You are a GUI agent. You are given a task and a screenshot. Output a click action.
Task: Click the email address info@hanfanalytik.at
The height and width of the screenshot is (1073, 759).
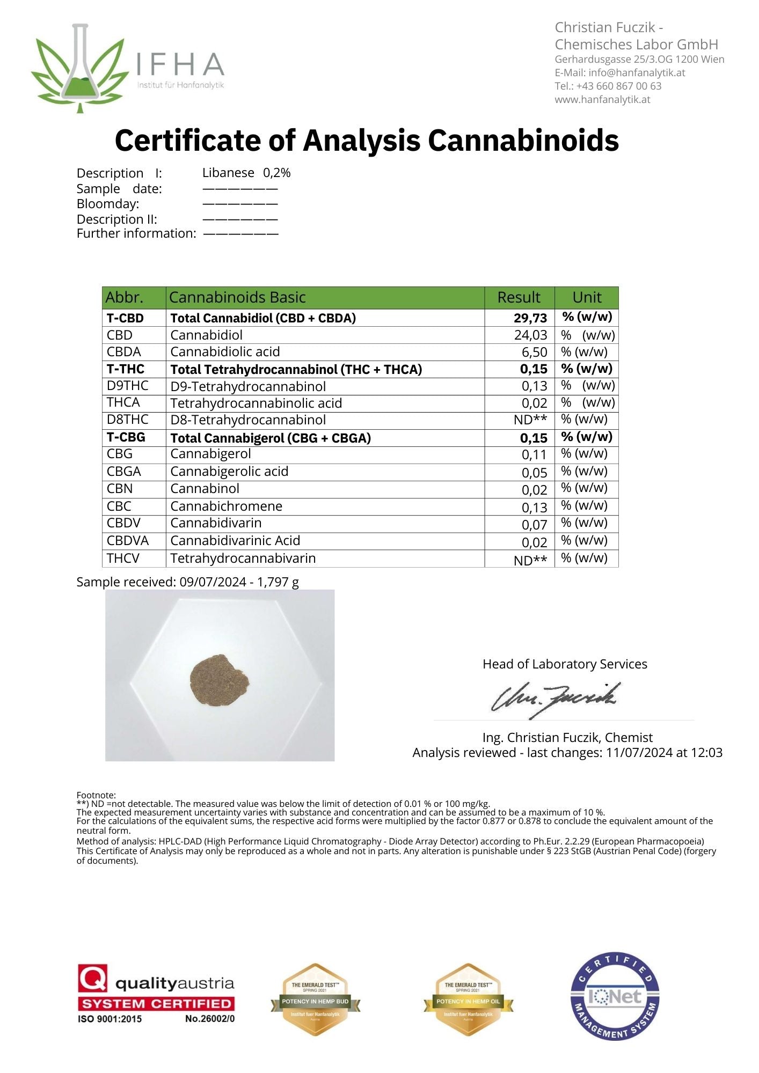point(637,72)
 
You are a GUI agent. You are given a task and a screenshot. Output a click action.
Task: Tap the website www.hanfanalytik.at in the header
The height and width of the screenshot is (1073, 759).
point(602,99)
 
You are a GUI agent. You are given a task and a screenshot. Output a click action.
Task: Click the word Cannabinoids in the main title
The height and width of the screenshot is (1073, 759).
point(523,141)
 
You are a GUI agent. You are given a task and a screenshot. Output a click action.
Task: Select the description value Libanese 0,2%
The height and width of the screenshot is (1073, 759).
point(246,173)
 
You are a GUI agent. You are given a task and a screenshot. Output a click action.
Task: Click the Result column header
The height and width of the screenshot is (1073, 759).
point(519,297)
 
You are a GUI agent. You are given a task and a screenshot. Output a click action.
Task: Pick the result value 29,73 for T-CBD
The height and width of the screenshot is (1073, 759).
point(530,318)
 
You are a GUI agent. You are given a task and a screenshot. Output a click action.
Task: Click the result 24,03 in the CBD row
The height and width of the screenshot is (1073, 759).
point(530,335)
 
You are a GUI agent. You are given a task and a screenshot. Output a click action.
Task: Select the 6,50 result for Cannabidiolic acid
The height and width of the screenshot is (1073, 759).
point(534,352)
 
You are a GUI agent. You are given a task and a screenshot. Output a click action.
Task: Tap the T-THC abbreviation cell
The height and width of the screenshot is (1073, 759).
point(126,369)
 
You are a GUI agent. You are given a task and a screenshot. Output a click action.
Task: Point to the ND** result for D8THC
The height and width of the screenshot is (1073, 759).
point(530,420)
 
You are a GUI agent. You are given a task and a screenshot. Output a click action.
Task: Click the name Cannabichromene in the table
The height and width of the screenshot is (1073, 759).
point(226,506)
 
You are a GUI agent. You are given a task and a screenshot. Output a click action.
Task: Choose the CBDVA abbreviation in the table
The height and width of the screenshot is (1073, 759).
point(128,540)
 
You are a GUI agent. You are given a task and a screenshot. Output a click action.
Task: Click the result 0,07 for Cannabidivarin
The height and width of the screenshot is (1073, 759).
point(534,525)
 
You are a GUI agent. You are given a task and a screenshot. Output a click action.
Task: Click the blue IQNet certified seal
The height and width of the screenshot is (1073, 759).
point(615,997)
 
